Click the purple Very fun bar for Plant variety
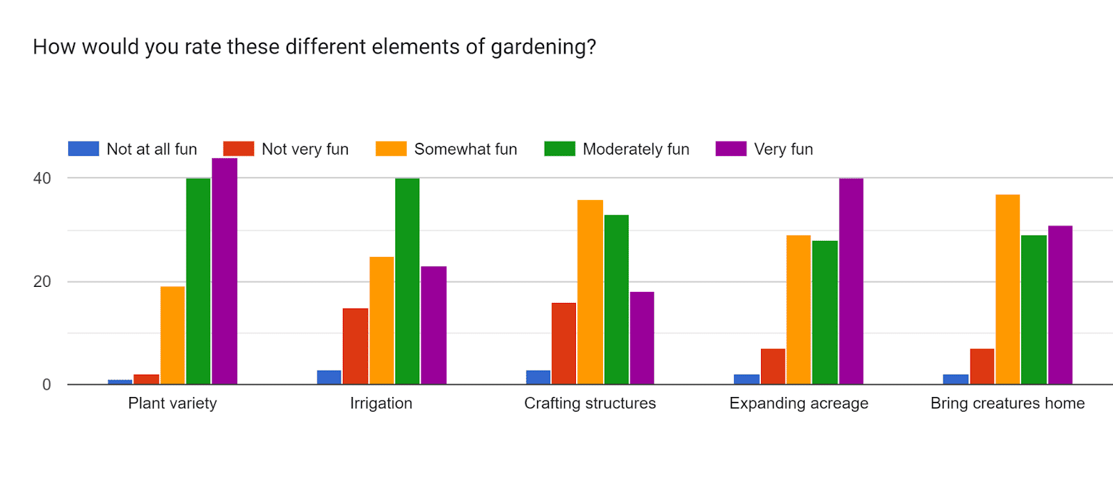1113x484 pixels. tap(225, 271)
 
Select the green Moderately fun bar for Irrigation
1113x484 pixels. tap(408, 281)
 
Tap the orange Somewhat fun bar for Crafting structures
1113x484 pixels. tap(591, 292)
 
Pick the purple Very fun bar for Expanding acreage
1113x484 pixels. tap(851, 281)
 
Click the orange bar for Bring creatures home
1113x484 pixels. tap(1008, 290)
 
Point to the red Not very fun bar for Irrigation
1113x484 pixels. tap(355, 346)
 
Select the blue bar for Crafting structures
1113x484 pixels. tap(538, 377)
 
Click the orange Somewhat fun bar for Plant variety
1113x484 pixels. tap(173, 335)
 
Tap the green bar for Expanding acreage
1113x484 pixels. tap(825, 313)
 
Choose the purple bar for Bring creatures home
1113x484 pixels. tap(1060, 305)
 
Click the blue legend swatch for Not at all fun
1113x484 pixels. tap(83, 149)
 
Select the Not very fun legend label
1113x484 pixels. tap(305, 149)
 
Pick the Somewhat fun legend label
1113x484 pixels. tap(465, 149)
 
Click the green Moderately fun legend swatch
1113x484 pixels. tap(559, 149)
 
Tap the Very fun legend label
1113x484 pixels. tap(783, 149)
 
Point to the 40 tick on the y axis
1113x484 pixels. tap(42, 178)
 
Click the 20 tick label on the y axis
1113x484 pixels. tap(42, 281)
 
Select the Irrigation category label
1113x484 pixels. tap(381, 403)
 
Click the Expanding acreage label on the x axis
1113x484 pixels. tap(799, 403)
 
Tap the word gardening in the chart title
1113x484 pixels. tap(538, 48)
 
